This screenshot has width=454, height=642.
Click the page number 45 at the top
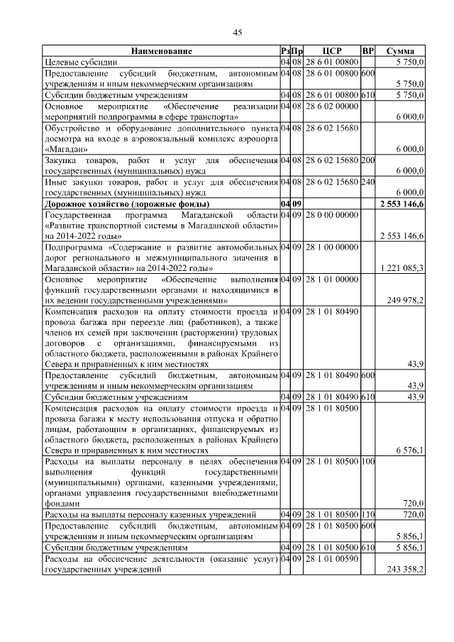(x=238, y=31)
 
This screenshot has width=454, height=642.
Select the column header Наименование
(x=161, y=52)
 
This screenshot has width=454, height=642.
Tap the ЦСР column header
(x=332, y=52)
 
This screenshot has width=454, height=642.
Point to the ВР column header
(x=367, y=52)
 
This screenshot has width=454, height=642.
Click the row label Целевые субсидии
(x=76, y=62)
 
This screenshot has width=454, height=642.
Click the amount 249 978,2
(x=403, y=300)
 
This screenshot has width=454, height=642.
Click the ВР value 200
(x=367, y=160)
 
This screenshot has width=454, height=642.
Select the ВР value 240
(x=367, y=182)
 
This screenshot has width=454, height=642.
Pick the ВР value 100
(x=367, y=461)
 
